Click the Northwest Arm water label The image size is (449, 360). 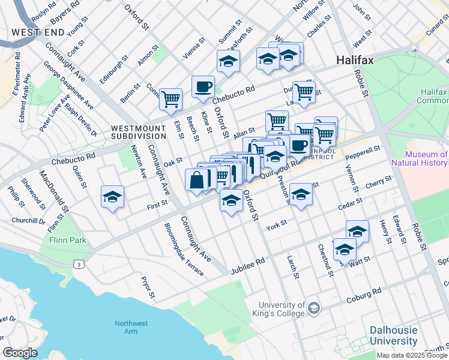click(131, 328)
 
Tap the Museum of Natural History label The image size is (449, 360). click(419, 158)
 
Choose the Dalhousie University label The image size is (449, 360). click(393, 335)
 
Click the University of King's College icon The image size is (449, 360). click(313, 308)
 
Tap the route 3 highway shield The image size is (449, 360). click(78, 263)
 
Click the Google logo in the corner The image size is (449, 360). click(20, 353)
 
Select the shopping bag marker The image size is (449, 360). click(197, 179)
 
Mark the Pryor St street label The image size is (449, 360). click(148, 287)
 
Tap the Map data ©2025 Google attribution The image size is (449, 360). click(412, 355)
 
